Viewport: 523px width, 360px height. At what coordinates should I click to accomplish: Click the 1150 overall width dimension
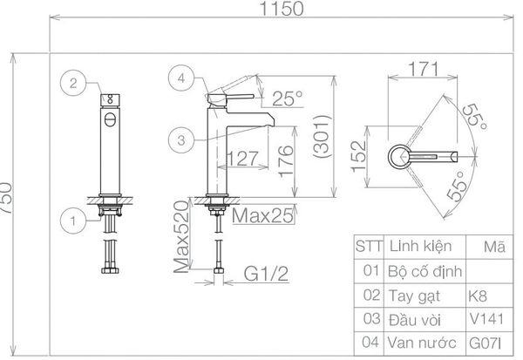click(x=282, y=9)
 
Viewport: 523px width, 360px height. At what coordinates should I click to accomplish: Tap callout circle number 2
click(x=73, y=83)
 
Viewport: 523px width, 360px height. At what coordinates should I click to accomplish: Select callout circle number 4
click(x=181, y=78)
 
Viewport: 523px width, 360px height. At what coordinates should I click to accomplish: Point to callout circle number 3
click(x=181, y=140)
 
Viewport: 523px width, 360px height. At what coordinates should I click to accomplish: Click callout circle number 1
click(x=73, y=221)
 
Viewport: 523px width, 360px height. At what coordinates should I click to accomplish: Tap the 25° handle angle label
click(x=287, y=98)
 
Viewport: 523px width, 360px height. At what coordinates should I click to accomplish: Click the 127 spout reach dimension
click(x=243, y=158)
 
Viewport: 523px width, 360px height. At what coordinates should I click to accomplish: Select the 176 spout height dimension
click(x=286, y=160)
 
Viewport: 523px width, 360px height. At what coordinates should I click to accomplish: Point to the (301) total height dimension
click(x=323, y=136)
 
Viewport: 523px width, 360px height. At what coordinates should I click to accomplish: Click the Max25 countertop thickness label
click(x=263, y=215)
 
